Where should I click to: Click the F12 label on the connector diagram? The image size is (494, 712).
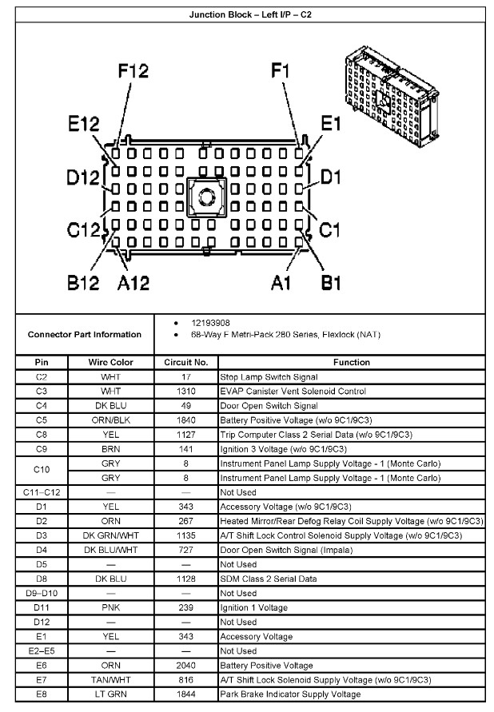133,71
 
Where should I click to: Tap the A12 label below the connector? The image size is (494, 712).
133,282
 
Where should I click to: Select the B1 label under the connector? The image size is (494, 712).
330,282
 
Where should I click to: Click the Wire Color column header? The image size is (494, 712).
110,362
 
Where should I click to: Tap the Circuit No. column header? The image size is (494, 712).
185,362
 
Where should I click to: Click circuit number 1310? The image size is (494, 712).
185,392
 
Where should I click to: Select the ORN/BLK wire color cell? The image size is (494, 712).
110,420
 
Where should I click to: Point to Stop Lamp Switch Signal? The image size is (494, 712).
269,377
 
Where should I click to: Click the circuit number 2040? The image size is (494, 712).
185,666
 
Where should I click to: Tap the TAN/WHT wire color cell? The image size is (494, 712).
110,680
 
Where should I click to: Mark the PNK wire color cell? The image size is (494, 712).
110,608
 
